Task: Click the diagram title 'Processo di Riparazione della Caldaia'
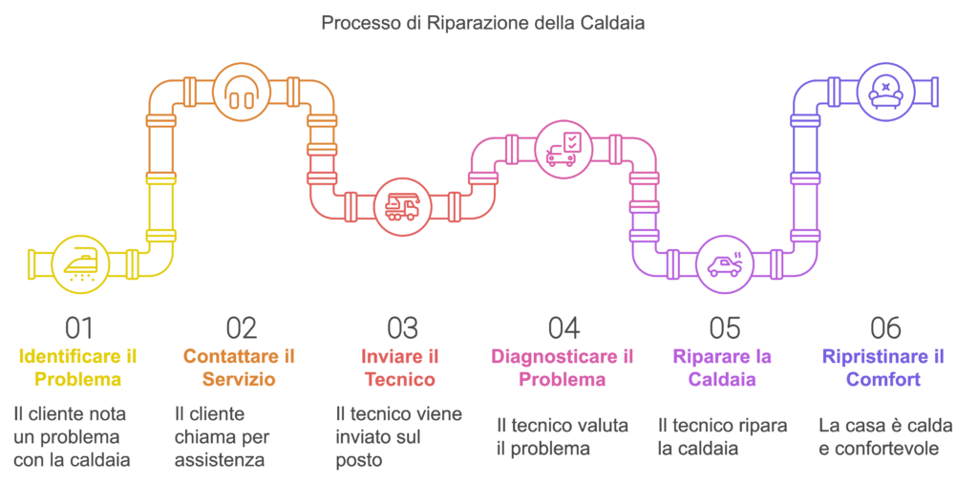pyautogui.click(x=482, y=22)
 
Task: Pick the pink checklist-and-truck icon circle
pyautogui.click(x=562, y=149)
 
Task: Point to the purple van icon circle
pyautogui.click(x=723, y=262)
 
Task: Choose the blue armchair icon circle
pyautogui.click(x=884, y=92)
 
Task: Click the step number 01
pyautogui.click(x=78, y=328)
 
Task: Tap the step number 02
pyautogui.click(x=241, y=328)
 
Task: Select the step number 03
pyautogui.click(x=402, y=328)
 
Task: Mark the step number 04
pyautogui.click(x=563, y=328)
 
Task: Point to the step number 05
pyautogui.click(x=724, y=328)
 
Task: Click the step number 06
pyautogui.click(x=885, y=328)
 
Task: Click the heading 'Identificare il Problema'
pyautogui.click(x=78, y=367)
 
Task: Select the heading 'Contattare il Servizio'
pyautogui.click(x=239, y=367)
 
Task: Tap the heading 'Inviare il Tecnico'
pyautogui.click(x=400, y=367)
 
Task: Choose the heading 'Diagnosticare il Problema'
pyautogui.click(x=562, y=367)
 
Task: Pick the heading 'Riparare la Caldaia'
pyautogui.click(x=722, y=367)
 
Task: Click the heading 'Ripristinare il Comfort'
pyautogui.click(x=883, y=367)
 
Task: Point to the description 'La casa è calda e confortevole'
pyautogui.click(x=885, y=435)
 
